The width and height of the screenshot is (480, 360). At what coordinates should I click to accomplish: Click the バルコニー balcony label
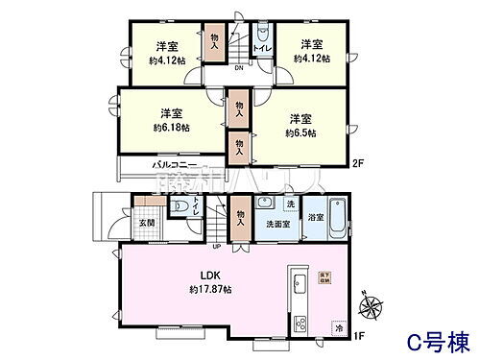[x=174, y=165]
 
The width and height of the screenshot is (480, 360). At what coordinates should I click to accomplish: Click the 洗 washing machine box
[x=289, y=204]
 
